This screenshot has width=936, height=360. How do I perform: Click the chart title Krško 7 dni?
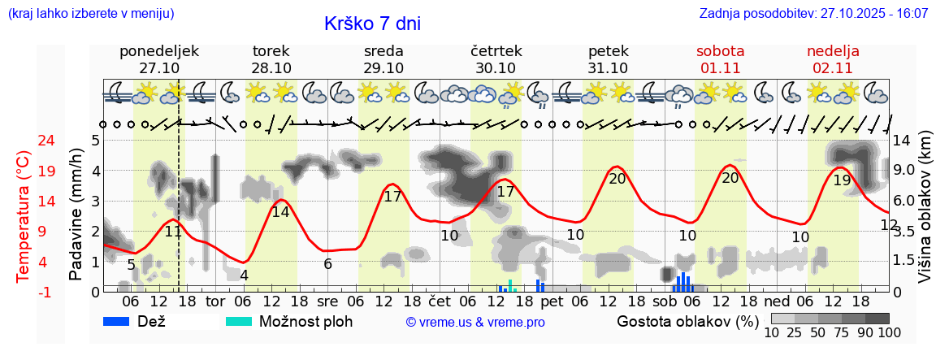point(372,24)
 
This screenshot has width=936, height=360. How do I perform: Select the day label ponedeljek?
point(159,51)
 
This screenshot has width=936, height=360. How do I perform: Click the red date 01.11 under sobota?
point(720,68)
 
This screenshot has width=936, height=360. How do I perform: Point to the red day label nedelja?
point(833,51)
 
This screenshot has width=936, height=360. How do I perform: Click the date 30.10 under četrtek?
point(496,68)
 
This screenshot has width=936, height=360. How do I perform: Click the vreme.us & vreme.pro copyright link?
point(475,323)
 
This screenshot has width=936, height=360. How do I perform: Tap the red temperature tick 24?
point(24,141)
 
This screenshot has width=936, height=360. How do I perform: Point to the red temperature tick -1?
point(24,292)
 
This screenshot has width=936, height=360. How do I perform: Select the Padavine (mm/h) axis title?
point(76,215)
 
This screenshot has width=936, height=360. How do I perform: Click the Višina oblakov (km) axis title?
point(925,215)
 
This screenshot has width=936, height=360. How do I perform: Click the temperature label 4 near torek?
point(244,275)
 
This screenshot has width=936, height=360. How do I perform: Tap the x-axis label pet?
point(552,302)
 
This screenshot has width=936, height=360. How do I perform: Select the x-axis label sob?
point(664,302)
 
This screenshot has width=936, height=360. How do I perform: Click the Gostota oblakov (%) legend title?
point(687,321)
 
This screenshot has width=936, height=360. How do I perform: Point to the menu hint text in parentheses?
point(90,14)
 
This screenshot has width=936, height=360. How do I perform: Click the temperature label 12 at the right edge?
point(889,225)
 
